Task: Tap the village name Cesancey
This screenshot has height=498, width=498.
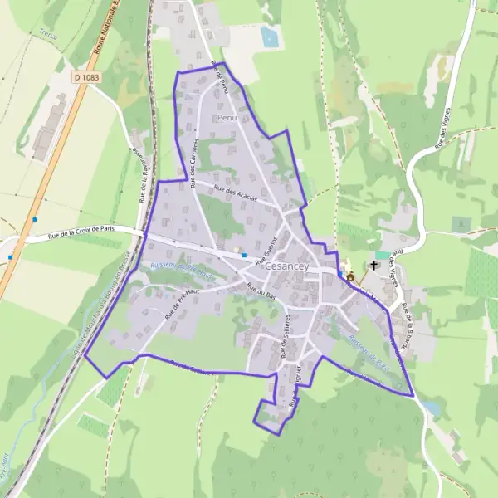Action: (x=287, y=266)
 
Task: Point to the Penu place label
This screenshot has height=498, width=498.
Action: (x=227, y=119)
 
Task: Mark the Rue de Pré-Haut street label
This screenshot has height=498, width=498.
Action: (x=184, y=304)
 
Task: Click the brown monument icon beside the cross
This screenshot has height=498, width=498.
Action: (x=349, y=276)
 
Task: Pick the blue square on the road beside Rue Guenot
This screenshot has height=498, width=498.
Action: (x=244, y=255)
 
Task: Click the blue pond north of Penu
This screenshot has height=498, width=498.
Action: (x=270, y=37)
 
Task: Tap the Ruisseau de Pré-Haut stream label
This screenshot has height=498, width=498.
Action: (x=182, y=271)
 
